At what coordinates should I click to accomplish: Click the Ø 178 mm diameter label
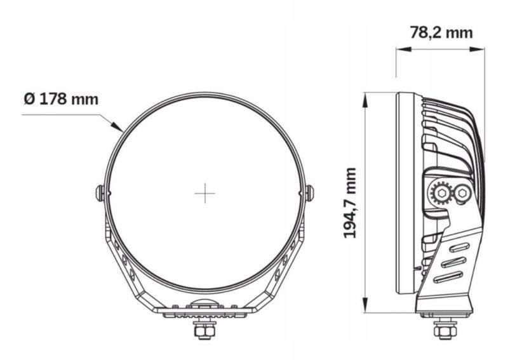click(61, 99)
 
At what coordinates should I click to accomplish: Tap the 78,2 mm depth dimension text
click(441, 33)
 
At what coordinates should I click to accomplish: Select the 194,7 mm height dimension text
click(350, 203)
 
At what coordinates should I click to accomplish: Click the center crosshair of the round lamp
click(204, 194)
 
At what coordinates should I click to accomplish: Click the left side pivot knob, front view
click(100, 194)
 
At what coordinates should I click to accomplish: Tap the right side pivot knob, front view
click(310, 194)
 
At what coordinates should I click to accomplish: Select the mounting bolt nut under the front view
click(204, 331)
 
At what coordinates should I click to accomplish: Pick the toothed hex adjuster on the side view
click(441, 194)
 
